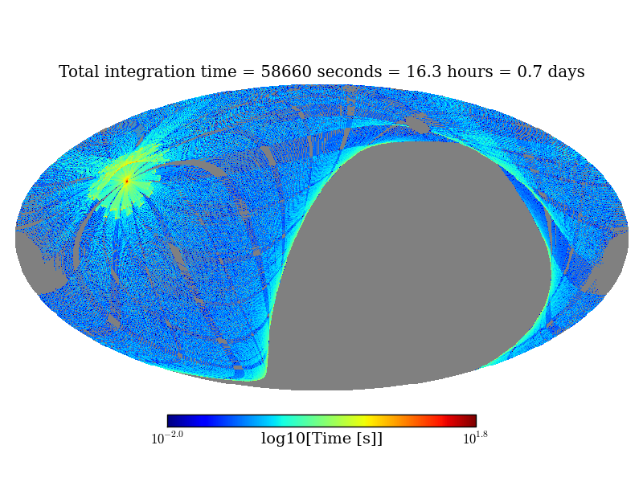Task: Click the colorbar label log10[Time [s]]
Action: click(321, 439)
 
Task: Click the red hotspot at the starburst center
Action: click(127, 181)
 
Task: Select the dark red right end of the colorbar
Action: click(472, 421)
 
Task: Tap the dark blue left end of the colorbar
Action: click(171, 421)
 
